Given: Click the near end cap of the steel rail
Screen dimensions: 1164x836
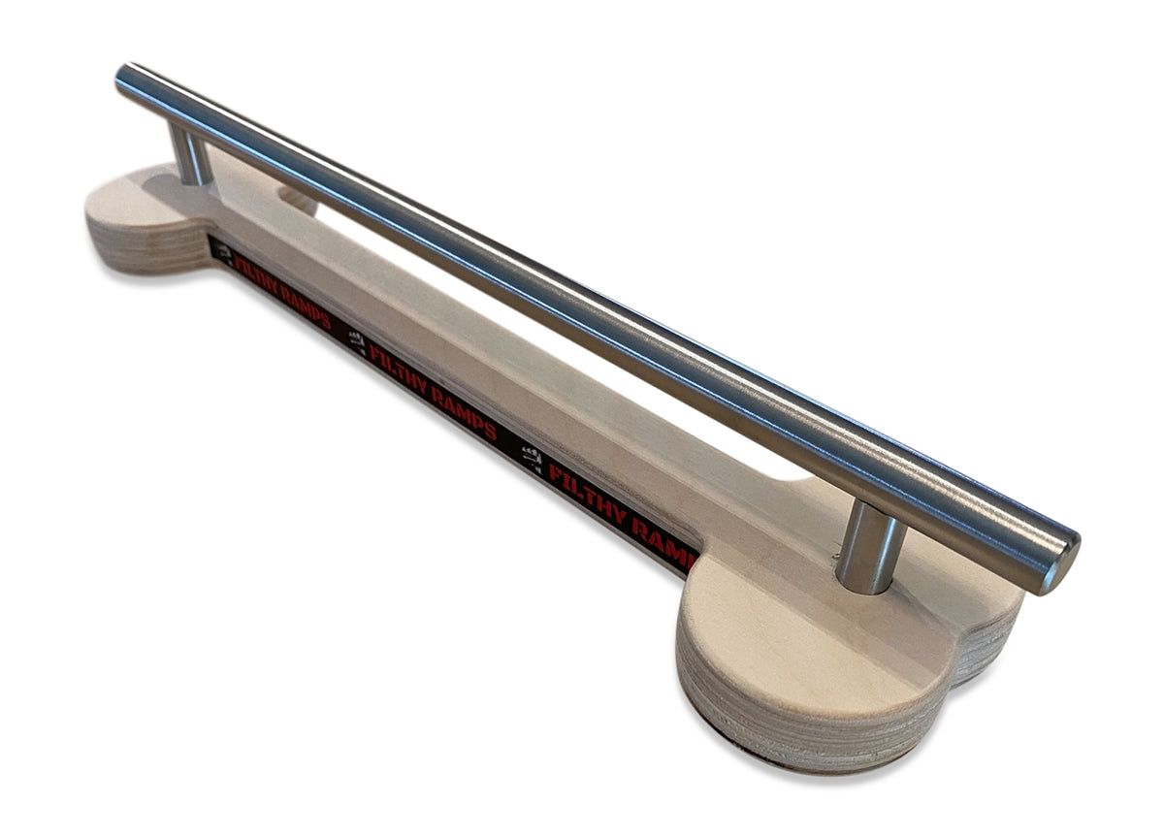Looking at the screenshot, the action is click(x=1063, y=565).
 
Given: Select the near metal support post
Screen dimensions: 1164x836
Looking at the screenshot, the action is click(x=868, y=548).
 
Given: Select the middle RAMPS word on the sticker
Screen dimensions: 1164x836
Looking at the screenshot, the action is click(x=465, y=415).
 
